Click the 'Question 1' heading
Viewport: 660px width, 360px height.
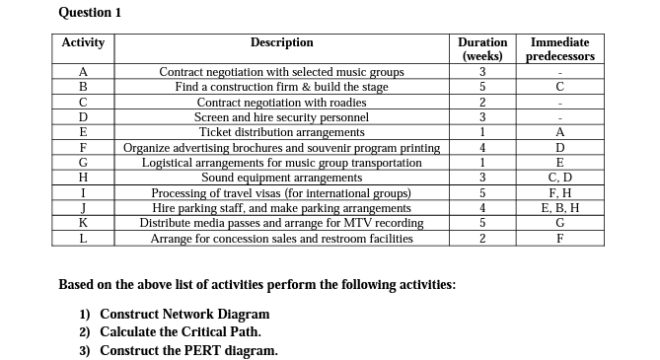[x=90, y=12]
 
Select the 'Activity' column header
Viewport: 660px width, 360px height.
[x=83, y=43]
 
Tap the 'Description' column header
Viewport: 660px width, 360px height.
[x=281, y=42]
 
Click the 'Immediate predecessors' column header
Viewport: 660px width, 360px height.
[x=559, y=49]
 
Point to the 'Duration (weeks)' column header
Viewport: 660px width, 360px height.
[x=482, y=49]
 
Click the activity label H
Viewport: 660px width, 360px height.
[x=83, y=178]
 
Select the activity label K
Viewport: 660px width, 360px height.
[x=83, y=223]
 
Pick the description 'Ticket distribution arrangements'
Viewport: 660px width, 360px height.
[x=281, y=132]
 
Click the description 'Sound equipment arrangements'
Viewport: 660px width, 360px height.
[x=281, y=178]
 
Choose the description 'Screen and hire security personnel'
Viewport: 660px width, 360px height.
[x=281, y=117]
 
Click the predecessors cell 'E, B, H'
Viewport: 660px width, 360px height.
[x=559, y=208]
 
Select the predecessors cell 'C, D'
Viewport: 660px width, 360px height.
[x=559, y=178]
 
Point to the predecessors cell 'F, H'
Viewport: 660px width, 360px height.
[x=559, y=193]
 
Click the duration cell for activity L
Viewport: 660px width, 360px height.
[x=482, y=239]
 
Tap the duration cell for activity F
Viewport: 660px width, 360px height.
[x=482, y=148]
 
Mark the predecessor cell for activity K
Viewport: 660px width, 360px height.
[x=559, y=223]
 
